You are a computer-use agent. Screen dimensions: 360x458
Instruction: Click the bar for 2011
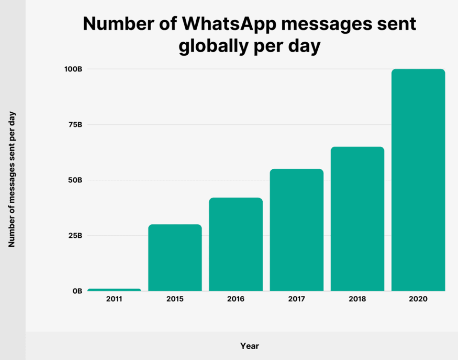(114, 289)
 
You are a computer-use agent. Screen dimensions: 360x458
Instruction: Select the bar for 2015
(175, 257)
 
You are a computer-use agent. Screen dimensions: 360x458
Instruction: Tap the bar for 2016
(236, 244)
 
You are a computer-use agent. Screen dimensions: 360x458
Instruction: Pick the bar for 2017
(296, 230)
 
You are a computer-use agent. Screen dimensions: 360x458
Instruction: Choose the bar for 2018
(357, 219)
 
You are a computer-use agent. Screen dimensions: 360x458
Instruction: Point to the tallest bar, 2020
(418, 180)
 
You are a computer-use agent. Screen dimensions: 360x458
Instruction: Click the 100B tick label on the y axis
(74, 69)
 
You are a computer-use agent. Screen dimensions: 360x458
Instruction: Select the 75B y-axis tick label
(76, 125)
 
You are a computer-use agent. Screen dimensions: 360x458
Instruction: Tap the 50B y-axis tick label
(76, 180)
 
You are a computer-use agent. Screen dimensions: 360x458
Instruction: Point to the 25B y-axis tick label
(76, 235)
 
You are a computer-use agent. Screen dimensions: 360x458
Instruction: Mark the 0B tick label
(77, 291)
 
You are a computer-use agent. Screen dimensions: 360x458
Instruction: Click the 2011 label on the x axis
(114, 299)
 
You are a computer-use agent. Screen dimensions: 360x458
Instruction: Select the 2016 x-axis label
(236, 299)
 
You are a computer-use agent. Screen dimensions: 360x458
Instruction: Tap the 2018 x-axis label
(357, 299)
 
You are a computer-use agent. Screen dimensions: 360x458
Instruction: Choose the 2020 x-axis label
(418, 299)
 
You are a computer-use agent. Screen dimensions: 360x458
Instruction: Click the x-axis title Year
(249, 346)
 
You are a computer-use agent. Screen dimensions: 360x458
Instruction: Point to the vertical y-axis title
(12, 179)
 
